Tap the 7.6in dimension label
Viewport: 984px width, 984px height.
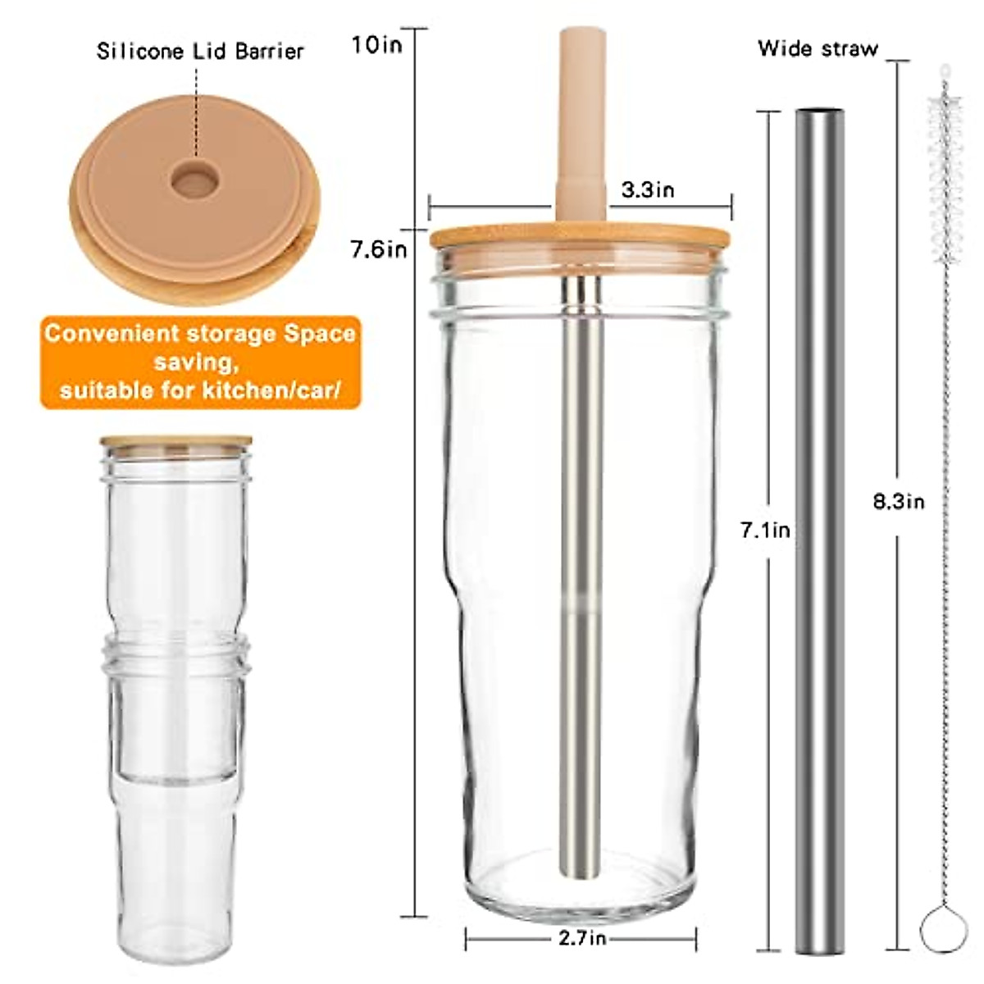(378, 248)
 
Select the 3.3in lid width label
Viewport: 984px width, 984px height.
(647, 190)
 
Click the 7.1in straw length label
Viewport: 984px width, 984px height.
(765, 531)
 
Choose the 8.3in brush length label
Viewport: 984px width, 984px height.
(898, 501)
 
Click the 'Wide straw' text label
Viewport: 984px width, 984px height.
(817, 48)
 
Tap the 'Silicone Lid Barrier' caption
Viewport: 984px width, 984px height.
(200, 51)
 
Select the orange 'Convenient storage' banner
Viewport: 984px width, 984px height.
(200, 362)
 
